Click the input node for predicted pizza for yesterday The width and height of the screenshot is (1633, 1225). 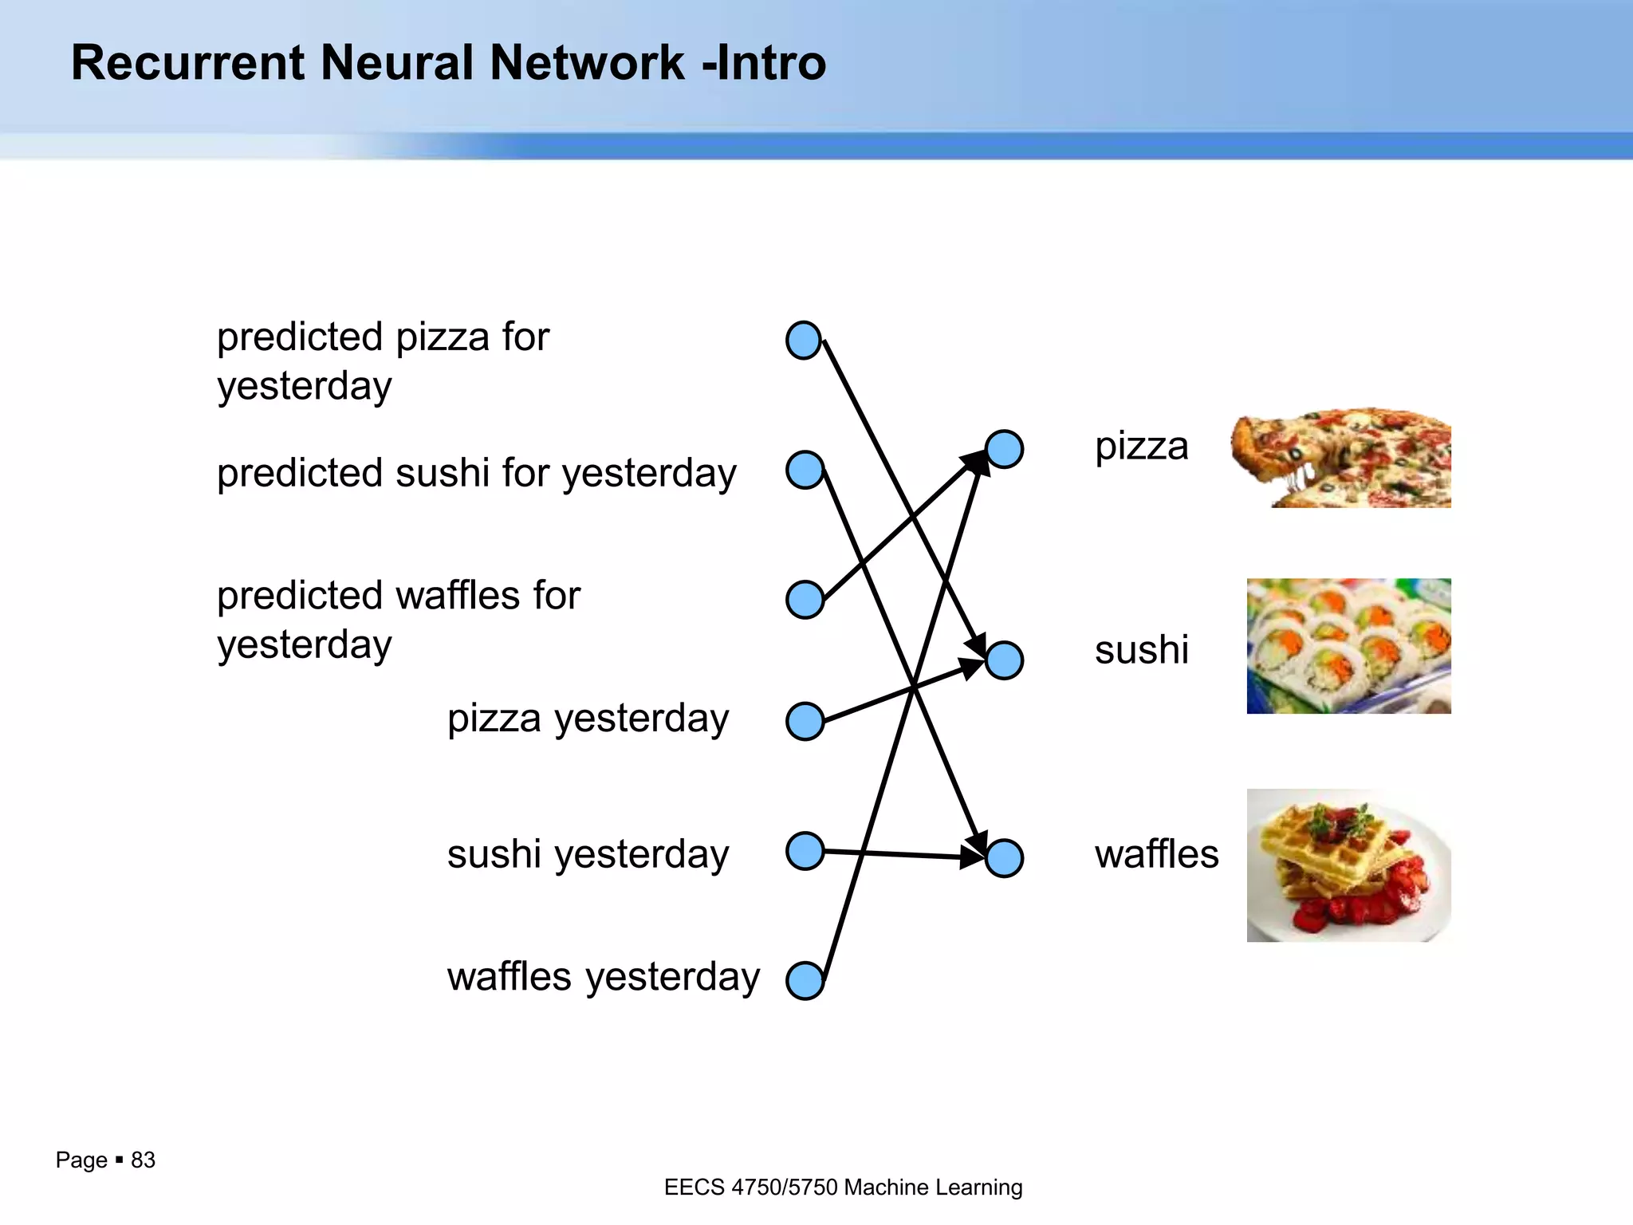(804, 341)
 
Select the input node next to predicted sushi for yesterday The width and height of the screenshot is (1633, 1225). (805, 470)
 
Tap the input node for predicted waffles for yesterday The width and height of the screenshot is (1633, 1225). (805, 599)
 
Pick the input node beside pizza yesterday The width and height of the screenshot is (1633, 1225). (805, 722)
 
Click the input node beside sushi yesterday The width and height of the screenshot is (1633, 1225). (805, 851)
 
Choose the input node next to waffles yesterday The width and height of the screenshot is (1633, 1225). (805, 980)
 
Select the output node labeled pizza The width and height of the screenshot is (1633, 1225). (1005, 449)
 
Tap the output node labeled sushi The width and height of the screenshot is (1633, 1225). (1005, 660)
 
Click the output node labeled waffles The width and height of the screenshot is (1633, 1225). (1005, 858)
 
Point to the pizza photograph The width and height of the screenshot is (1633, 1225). (1342, 458)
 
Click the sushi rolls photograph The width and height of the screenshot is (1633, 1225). (1348, 646)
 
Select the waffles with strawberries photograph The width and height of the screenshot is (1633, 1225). (1348, 865)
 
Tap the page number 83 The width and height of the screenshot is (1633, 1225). (143, 1160)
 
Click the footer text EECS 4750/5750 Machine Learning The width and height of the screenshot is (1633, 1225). (843, 1188)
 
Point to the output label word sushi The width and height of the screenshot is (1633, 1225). (1141, 650)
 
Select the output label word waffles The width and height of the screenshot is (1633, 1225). (1156, 854)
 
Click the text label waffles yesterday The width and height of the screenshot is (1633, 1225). (603, 977)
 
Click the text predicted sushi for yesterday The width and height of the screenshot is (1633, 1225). (476, 474)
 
